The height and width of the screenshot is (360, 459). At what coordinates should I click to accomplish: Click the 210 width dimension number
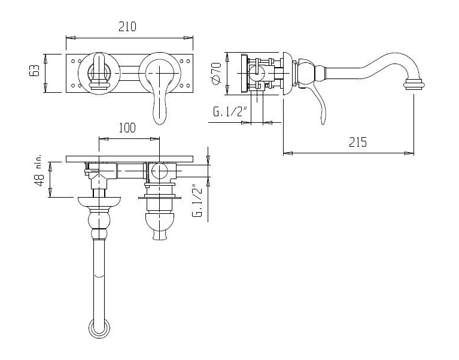click(x=127, y=27)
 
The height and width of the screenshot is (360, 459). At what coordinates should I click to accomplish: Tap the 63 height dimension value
click(x=34, y=70)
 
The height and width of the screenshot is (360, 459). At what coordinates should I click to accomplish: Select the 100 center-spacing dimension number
click(x=127, y=128)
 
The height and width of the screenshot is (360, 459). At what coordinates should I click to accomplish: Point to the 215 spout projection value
click(x=358, y=142)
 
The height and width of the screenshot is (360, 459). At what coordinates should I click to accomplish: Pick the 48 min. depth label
click(x=39, y=171)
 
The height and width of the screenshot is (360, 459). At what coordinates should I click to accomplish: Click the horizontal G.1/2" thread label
click(x=230, y=111)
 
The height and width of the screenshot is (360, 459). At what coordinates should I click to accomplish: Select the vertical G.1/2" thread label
click(x=197, y=201)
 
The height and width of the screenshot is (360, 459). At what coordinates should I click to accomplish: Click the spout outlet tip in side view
click(x=414, y=85)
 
